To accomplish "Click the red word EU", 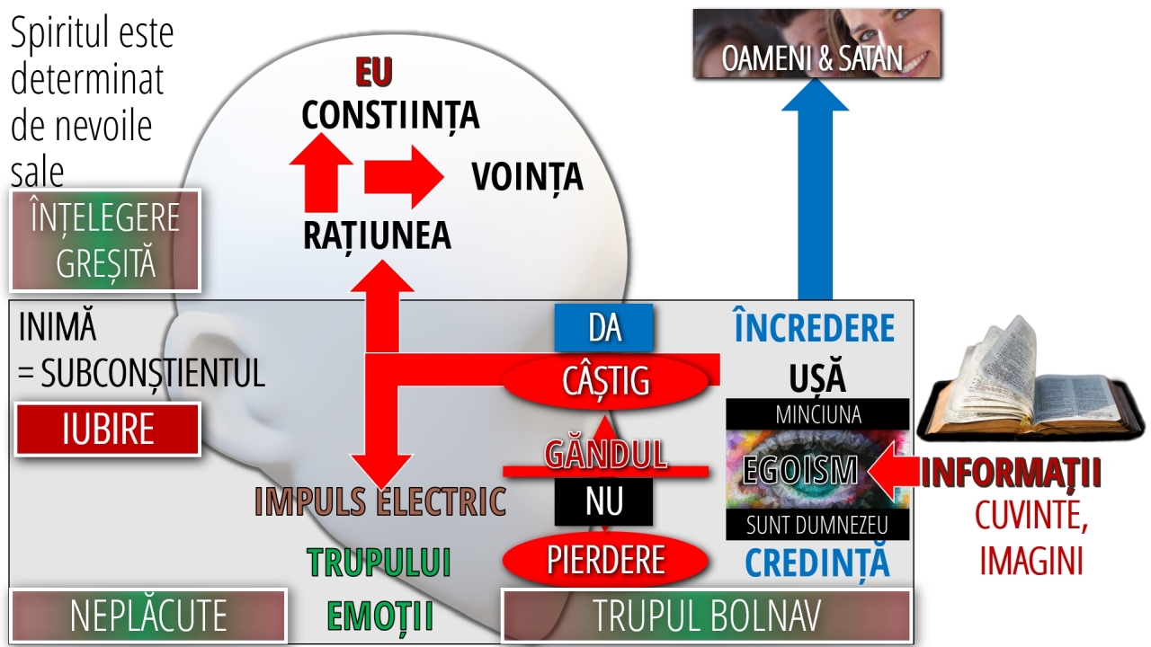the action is point(374,72).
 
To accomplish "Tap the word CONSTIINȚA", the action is point(390,115).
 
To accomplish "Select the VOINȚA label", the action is point(527,178).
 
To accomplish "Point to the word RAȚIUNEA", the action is point(377,236).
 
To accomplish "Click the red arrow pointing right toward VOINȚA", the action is point(404,177).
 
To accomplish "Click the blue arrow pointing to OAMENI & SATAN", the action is point(815,189).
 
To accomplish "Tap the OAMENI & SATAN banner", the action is point(817,43).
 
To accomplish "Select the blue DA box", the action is point(603,328).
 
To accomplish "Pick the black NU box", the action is point(603,501).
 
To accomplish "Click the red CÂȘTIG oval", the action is point(605,380).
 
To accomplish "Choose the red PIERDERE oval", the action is point(605,560).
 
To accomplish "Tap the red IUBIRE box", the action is point(107,430).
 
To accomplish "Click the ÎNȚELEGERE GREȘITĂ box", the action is point(105,241).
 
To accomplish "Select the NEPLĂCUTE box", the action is point(148,616).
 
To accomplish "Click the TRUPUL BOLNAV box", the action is point(707,616).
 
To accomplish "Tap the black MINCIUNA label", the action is point(817,414).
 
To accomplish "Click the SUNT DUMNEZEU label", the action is point(817,525).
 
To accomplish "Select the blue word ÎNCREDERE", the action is point(815,327).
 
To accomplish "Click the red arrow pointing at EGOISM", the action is point(893,471).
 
